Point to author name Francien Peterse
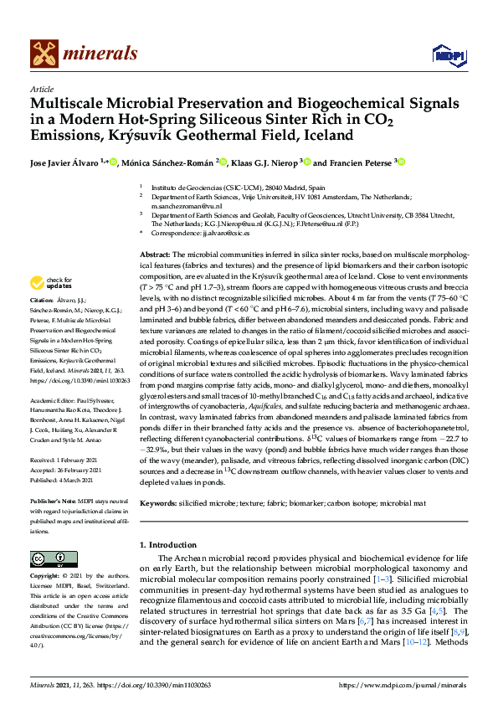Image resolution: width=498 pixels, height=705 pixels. click(352, 162)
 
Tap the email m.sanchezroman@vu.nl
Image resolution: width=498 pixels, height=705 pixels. click(182, 204)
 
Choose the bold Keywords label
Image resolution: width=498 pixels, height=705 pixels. click(158, 505)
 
